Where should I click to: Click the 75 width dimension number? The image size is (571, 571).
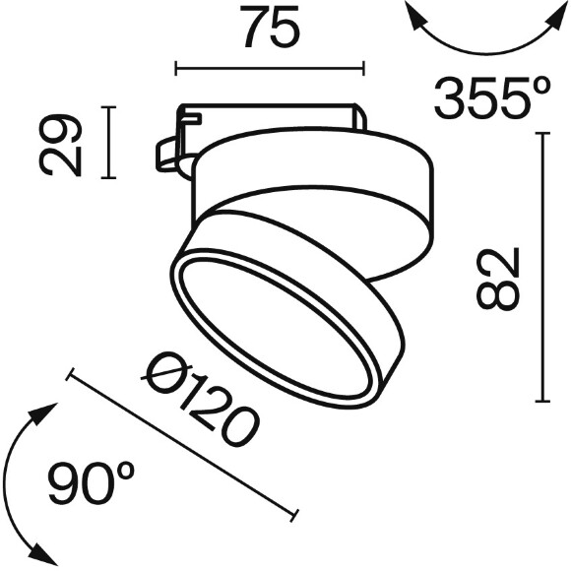[269, 30]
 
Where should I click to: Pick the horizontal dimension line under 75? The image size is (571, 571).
[269, 68]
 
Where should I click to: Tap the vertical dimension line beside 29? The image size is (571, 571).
[109, 143]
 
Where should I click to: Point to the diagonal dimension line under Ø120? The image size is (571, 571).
[183, 442]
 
